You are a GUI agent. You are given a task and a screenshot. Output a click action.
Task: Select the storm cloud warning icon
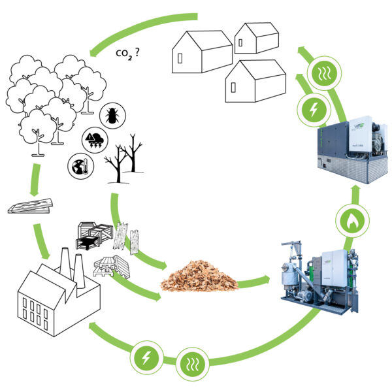(x=94, y=140)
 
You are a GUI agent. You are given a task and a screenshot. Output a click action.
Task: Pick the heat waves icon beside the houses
(x=324, y=73)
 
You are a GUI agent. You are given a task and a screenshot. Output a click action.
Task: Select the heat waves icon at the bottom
(x=193, y=362)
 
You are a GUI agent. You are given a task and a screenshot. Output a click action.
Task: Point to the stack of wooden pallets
(x=108, y=266)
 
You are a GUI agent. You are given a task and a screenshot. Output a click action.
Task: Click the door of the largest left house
(x=180, y=57)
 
